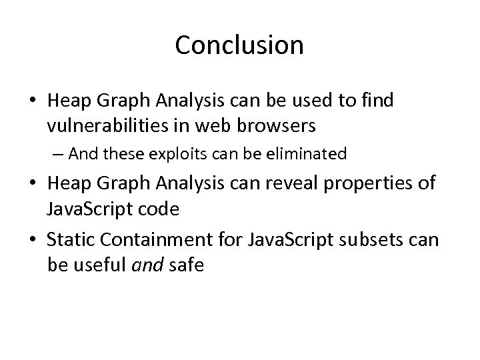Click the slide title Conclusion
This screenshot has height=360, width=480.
tap(239, 45)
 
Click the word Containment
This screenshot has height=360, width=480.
tap(145, 239)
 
